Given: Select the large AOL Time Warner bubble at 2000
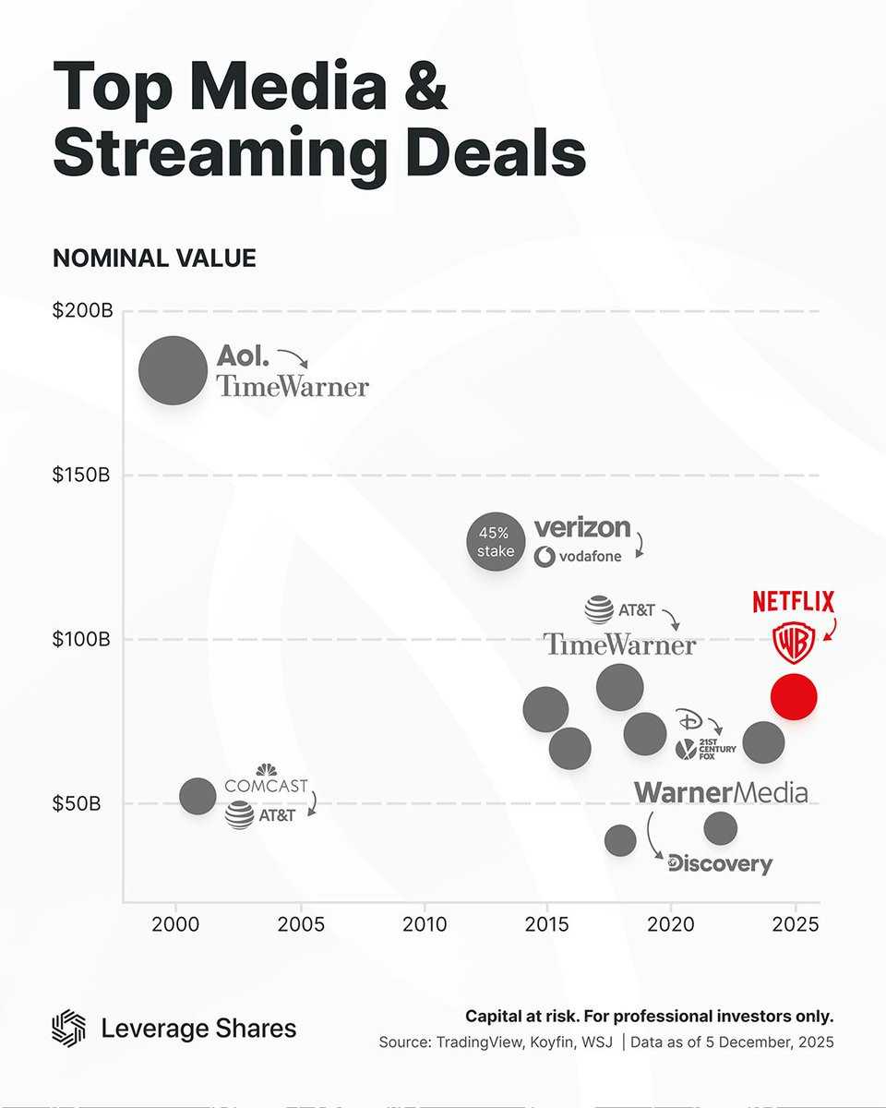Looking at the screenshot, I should coord(173,370).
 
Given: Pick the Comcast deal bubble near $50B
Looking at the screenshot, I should coord(197,795).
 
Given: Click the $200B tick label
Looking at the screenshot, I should coord(82,311).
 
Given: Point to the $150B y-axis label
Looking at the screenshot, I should coord(82,476).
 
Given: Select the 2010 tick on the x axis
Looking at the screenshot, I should coord(424,923).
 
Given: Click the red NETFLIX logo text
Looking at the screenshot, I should coord(793,603).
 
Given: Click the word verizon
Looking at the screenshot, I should coord(582,528).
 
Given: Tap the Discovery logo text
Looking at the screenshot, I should coord(720,864).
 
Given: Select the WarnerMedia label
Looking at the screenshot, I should coord(720,792).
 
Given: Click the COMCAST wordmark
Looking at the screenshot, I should coord(266,787).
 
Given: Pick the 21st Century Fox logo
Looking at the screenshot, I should coord(705,749).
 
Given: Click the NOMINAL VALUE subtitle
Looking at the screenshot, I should coord(154,259).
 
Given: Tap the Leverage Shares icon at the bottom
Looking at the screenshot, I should coord(69,1028).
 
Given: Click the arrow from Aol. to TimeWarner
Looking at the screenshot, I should coord(293,359).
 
